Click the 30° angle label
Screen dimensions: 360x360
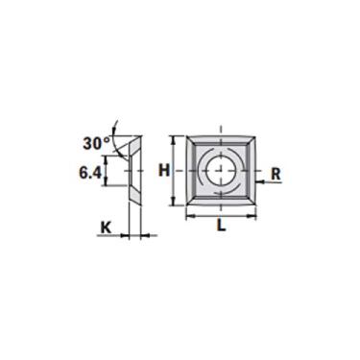tap(97, 143)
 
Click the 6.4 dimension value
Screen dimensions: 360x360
tap(90, 173)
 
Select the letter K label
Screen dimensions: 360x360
tap(106, 228)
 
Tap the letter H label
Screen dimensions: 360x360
tap(164, 170)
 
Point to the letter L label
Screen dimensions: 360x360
tap(222, 226)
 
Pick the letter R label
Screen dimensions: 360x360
tap(276, 174)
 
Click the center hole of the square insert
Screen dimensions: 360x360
tap(221, 171)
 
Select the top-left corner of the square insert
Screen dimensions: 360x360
tap(186, 137)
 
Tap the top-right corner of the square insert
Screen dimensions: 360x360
tap(255, 137)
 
